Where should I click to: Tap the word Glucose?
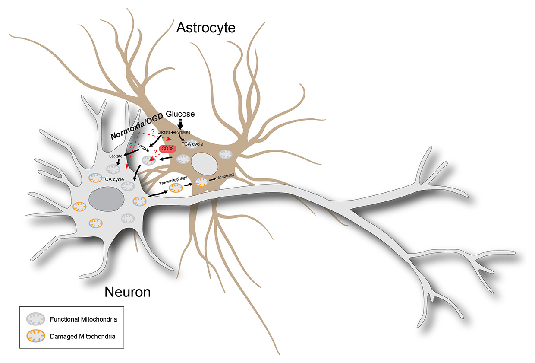[x=180, y=114]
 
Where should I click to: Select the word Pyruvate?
[x=183, y=132]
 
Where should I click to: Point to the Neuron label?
[x=127, y=293]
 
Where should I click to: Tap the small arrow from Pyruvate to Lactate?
[x=173, y=132]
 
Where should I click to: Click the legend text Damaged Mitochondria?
[x=85, y=335]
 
